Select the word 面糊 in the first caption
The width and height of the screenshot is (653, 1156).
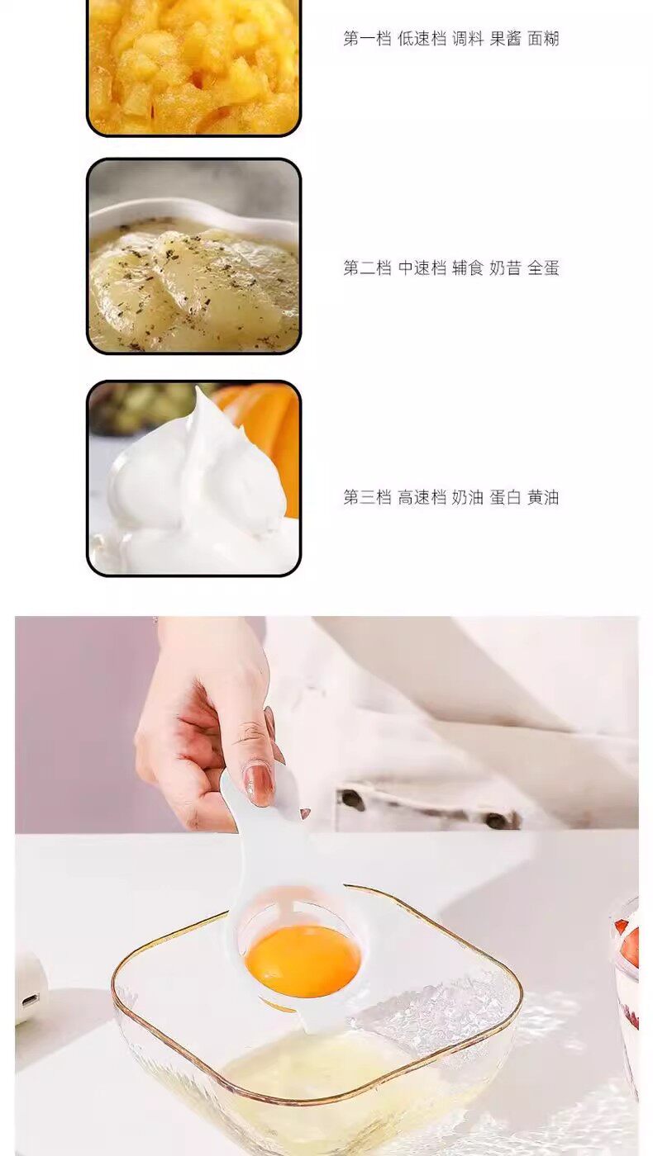point(543,39)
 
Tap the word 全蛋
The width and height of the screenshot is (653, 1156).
point(543,268)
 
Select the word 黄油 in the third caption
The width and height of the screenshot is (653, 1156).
point(543,497)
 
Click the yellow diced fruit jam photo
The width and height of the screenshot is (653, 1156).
point(193,66)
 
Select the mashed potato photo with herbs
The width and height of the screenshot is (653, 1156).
point(193,257)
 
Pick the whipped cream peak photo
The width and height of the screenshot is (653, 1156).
point(193,478)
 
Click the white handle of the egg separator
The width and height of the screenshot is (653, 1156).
point(243,836)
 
